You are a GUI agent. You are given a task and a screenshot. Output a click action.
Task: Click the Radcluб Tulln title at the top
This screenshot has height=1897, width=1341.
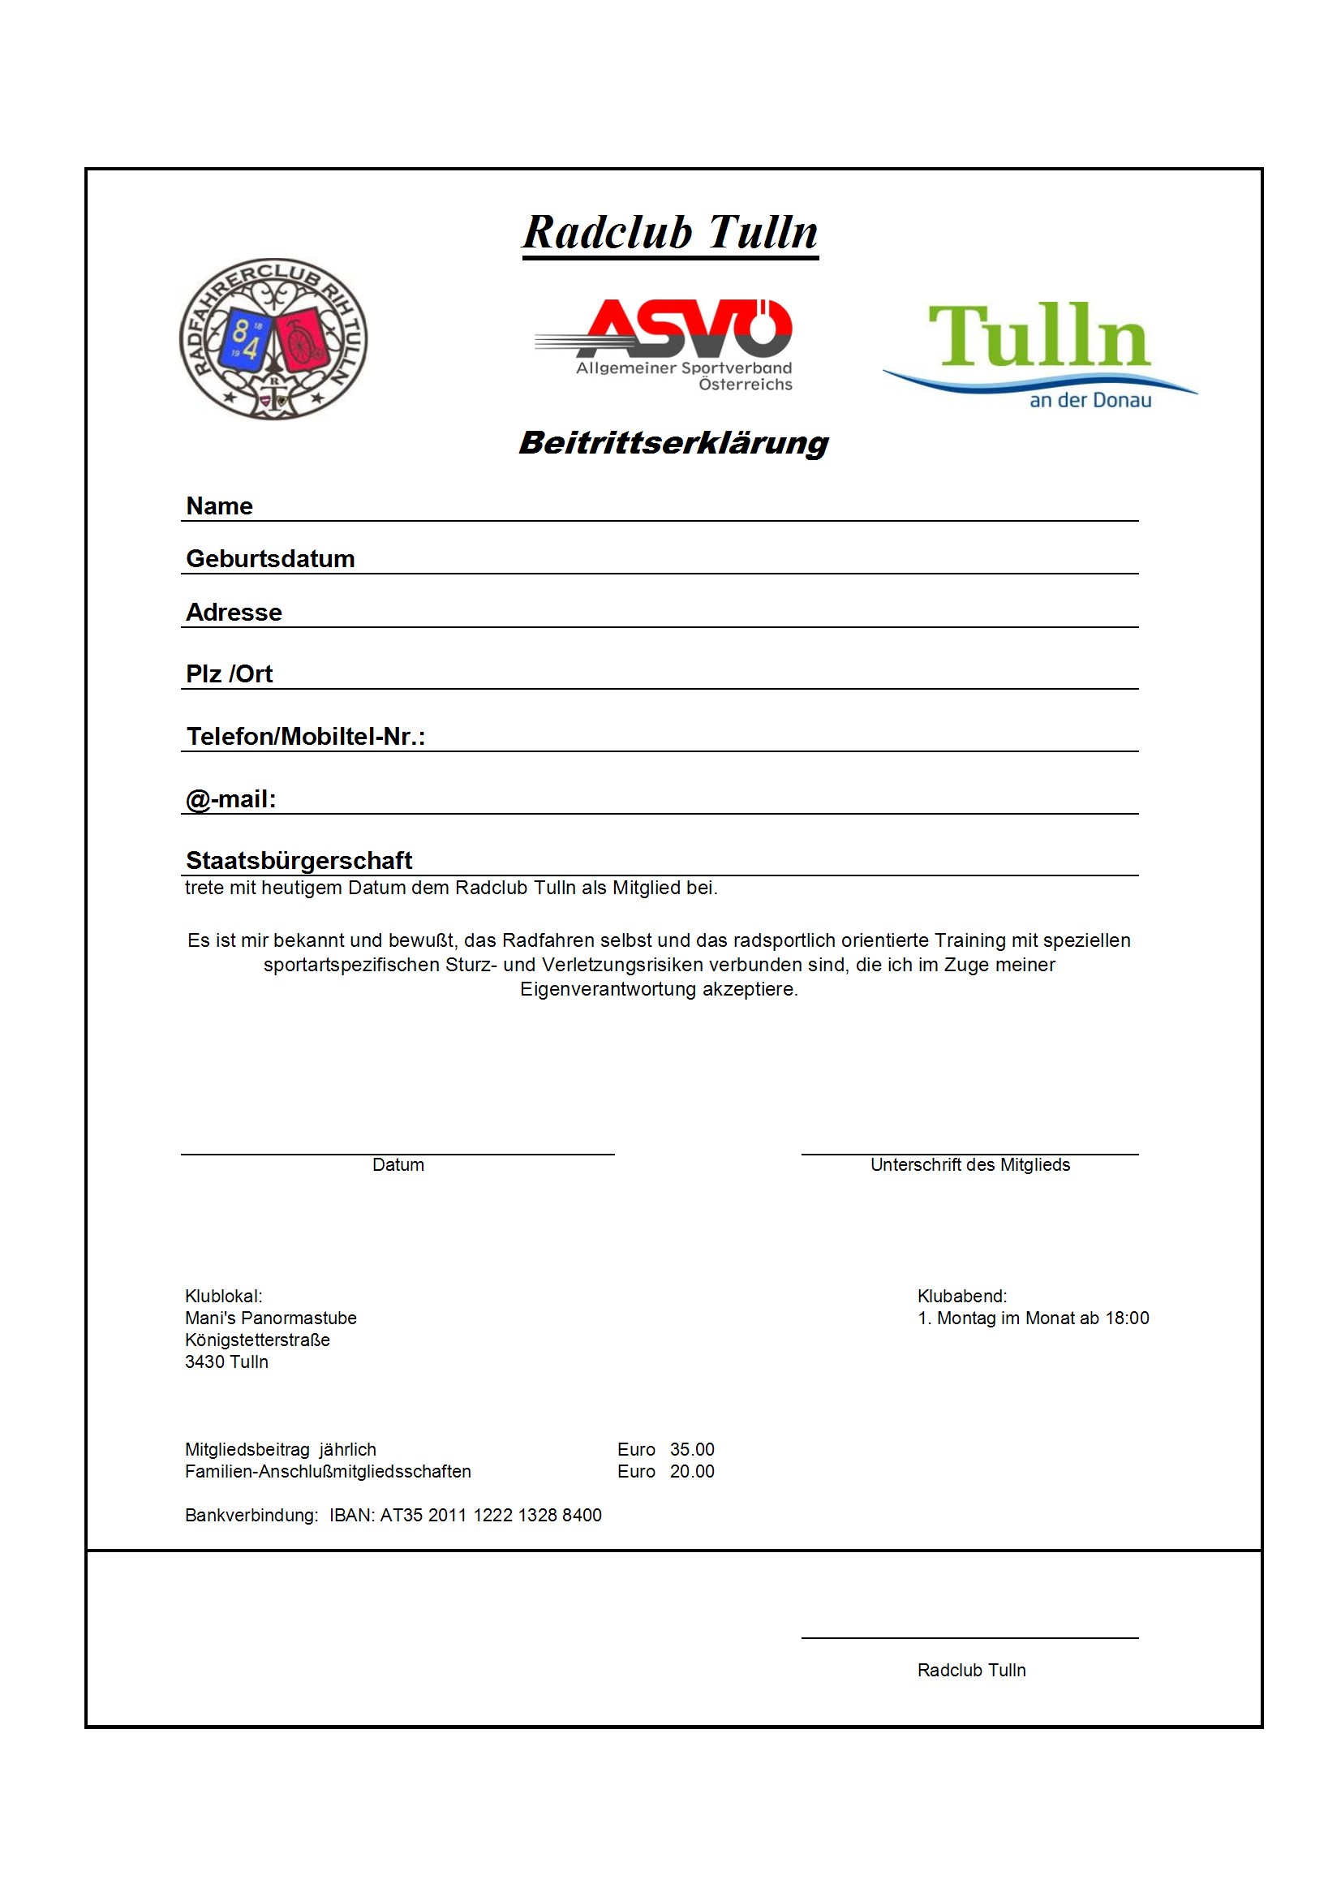pyautogui.click(x=670, y=232)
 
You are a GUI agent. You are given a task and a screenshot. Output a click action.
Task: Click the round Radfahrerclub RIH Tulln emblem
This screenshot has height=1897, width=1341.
pyautogui.click(x=273, y=339)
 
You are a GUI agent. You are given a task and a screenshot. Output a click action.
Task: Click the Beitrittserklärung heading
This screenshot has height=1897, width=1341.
pyautogui.click(x=673, y=443)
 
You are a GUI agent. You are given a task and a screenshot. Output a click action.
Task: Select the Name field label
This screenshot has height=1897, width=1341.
pyautogui.click(x=219, y=505)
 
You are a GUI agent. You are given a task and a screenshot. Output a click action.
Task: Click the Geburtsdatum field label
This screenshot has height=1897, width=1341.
pyautogui.click(x=270, y=558)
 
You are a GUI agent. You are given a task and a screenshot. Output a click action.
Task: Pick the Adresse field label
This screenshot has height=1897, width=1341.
pyautogui.click(x=234, y=613)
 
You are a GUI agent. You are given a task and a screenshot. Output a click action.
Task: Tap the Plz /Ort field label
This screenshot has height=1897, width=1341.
pyautogui.click(x=229, y=674)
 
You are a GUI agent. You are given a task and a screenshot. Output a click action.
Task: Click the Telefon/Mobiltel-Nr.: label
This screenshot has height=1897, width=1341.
pyautogui.click(x=306, y=736)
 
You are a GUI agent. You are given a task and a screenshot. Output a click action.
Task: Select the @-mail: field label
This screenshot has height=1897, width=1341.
pyautogui.click(x=230, y=799)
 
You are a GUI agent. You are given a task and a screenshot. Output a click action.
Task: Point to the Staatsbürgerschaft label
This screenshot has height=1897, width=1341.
pyautogui.click(x=299, y=860)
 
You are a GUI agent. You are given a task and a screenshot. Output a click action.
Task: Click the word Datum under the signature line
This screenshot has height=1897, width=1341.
pyautogui.click(x=398, y=1165)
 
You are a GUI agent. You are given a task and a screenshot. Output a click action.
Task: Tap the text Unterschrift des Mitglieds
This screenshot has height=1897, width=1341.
pyautogui.click(x=969, y=1165)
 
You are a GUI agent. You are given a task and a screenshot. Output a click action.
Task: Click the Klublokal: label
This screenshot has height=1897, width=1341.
pyautogui.click(x=223, y=1297)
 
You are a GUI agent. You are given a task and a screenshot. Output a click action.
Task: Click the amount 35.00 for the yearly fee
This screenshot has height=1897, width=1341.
pyautogui.click(x=691, y=1450)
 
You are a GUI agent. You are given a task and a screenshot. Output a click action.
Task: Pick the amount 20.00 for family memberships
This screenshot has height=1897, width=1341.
pyautogui.click(x=691, y=1473)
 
